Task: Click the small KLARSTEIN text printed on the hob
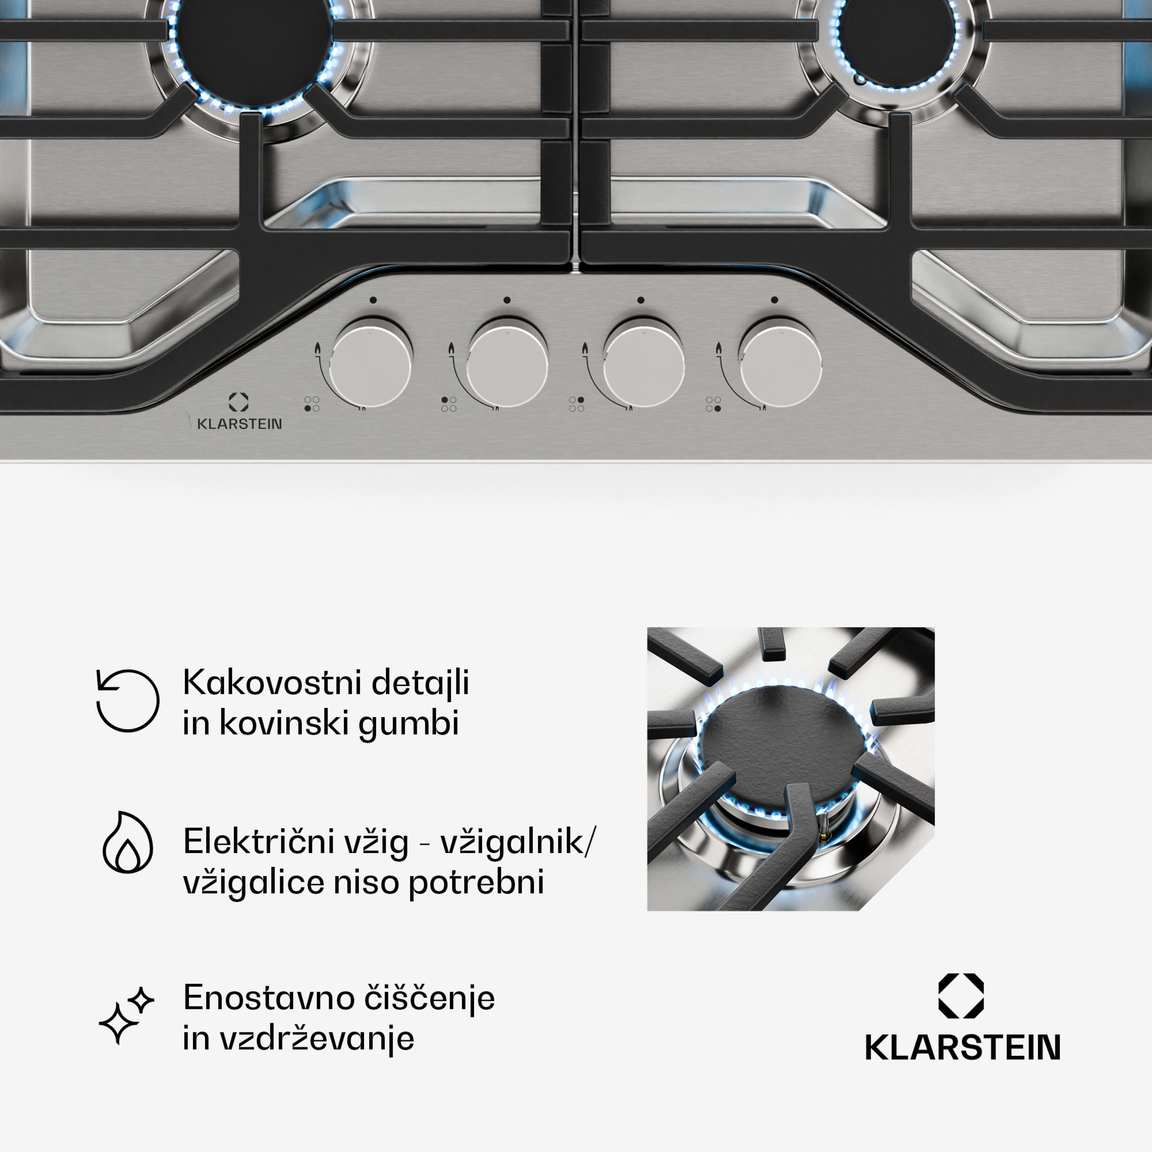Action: click(x=239, y=424)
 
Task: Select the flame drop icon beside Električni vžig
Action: click(x=127, y=842)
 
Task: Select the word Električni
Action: click(x=258, y=841)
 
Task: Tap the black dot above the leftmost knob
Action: click(x=372, y=300)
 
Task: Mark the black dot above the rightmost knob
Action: click(x=774, y=300)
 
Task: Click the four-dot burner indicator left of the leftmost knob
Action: click(x=312, y=404)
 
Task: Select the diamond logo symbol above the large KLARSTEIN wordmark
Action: click(x=961, y=996)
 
